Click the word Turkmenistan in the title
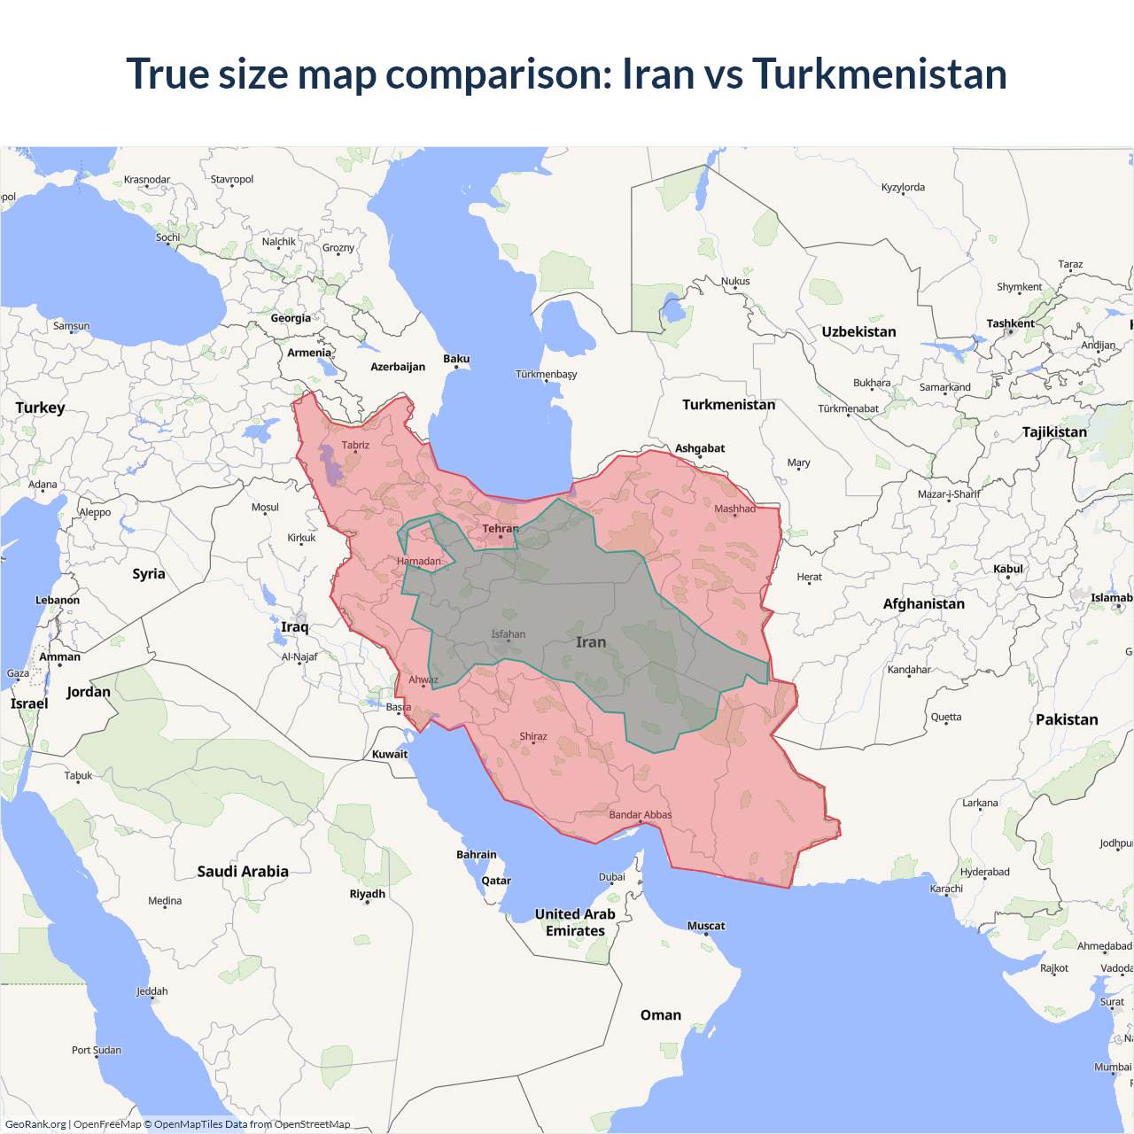[x=879, y=74]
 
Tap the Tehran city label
[x=501, y=529]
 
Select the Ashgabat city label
[x=700, y=448]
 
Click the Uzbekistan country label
[x=858, y=331]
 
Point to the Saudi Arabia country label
[x=243, y=872]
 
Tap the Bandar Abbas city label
[x=640, y=815]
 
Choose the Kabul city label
[x=1008, y=569]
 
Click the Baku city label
[x=456, y=359]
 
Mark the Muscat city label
[x=706, y=926]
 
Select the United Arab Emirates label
[x=575, y=922]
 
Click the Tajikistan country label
[x=1054, y=432]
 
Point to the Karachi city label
[x=946, y=889]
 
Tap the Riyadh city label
[x=367, y=894]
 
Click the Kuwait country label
[x=390, y=755]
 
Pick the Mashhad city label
[x=735, y=509]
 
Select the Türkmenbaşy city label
[x=546, y=374]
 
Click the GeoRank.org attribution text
[x=35, y=1124]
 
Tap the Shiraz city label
[x=533, y=736]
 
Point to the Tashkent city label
[x=1010, y=323]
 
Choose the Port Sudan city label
[x=97, y=1050]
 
